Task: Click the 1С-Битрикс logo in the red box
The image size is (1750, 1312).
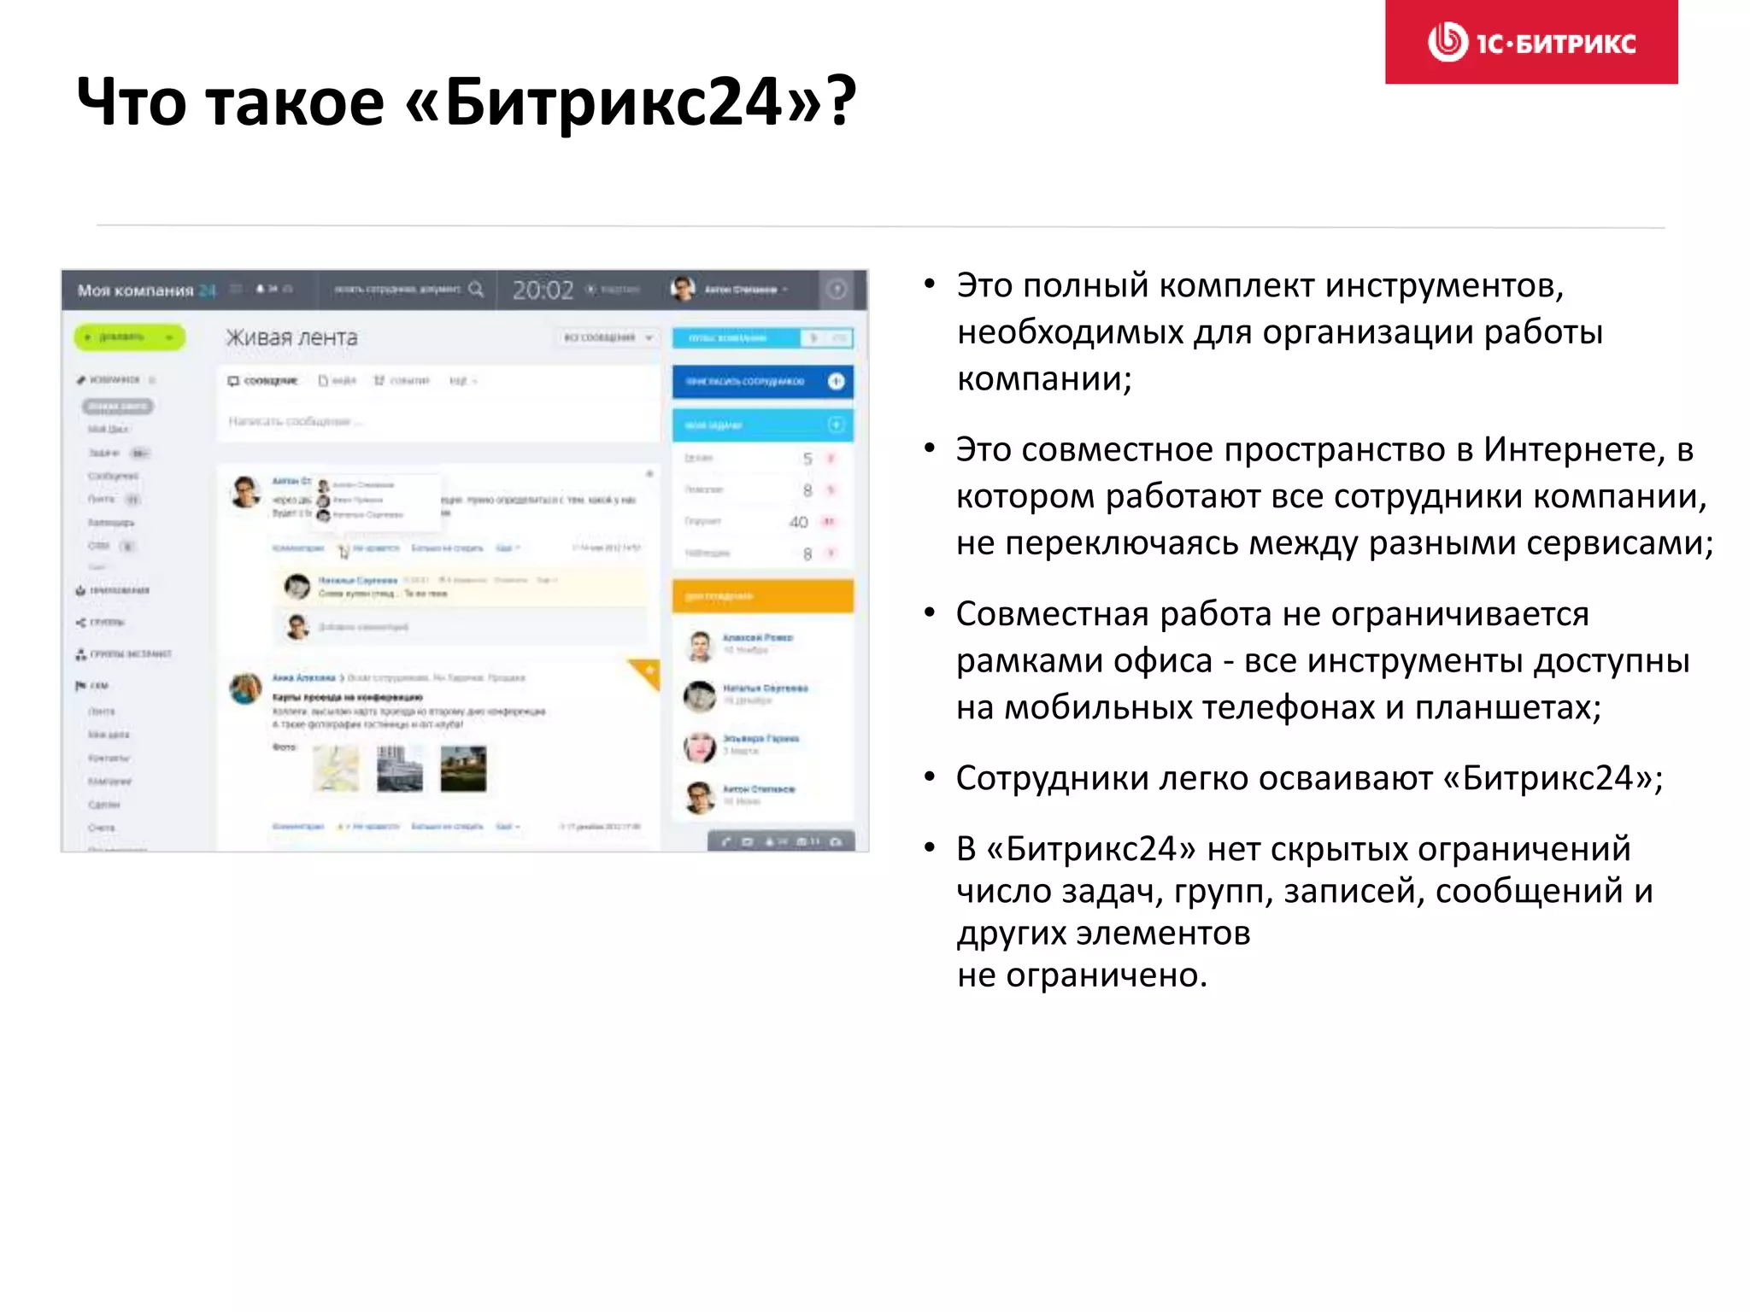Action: point(1531,42)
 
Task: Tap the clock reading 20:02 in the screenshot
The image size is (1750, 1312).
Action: point(543,290)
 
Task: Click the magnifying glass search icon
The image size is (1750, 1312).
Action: point(476,290)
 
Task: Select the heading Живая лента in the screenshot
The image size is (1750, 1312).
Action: point(291,338)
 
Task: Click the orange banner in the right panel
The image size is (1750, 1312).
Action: point(762,595)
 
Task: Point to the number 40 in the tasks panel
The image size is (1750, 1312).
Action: point(798,522)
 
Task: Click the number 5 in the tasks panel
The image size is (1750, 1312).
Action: point(807,459)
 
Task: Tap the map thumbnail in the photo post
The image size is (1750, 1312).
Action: point(336,768)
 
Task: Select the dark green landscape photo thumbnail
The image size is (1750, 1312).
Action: point(463,768)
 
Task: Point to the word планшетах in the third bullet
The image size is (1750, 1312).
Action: point(1506,707)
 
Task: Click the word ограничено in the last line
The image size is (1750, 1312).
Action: point(1106,975)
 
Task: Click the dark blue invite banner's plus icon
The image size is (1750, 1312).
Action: point(836,381)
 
